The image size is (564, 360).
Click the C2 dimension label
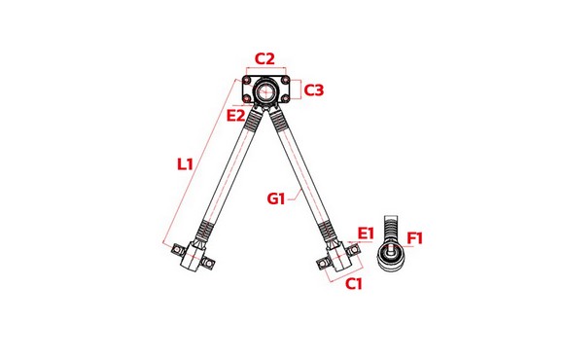(264, 58)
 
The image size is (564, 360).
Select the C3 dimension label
(314, 90)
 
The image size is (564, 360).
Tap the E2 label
(236, 116)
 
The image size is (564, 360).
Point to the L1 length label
(186, 164)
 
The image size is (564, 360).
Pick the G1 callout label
(276, 198)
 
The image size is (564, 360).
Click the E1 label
(367, 234)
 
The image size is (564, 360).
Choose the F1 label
(415, 238)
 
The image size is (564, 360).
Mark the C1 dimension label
(354, 284)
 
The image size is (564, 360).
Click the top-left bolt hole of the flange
(246, 80)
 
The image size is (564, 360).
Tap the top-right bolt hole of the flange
(285, 80)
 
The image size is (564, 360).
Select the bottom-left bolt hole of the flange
(246, 98)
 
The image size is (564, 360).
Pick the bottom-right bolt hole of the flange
(285, 98)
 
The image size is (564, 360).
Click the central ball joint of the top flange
(265, 90)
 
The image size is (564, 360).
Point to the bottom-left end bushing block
(194, 256)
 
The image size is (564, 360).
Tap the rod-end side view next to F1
(391, 245)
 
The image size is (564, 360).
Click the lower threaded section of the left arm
(204, 231)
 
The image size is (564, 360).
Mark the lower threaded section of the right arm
(328, 231)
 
